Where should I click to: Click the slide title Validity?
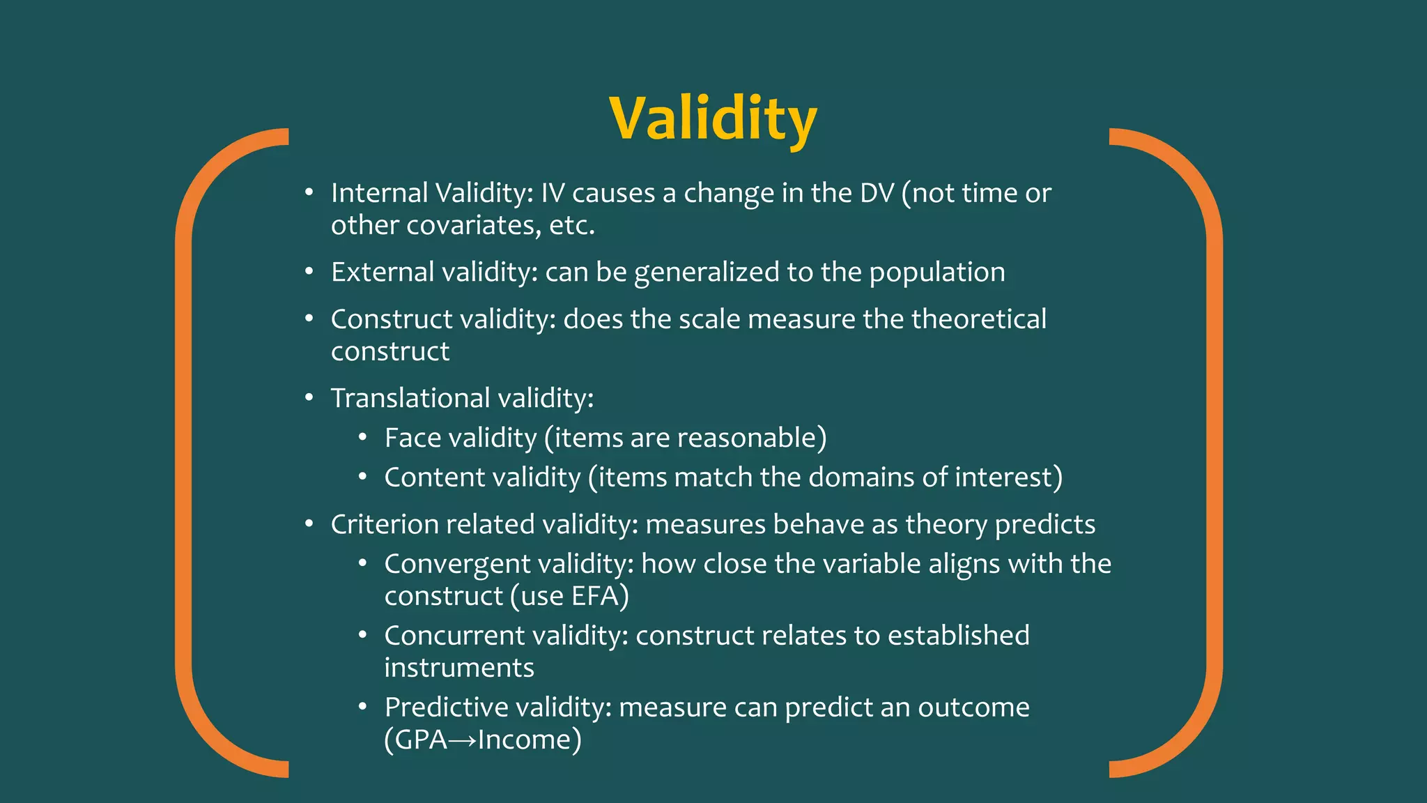(712, 118)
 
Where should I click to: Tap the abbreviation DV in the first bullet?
(877, 193)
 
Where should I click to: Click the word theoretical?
(978, 319)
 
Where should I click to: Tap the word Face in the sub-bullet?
(412, 438)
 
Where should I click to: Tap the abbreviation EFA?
(594, 597)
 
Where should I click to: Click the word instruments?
(459, 668)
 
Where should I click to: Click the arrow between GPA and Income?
(463, 740)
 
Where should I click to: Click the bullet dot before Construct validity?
(309, 319)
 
